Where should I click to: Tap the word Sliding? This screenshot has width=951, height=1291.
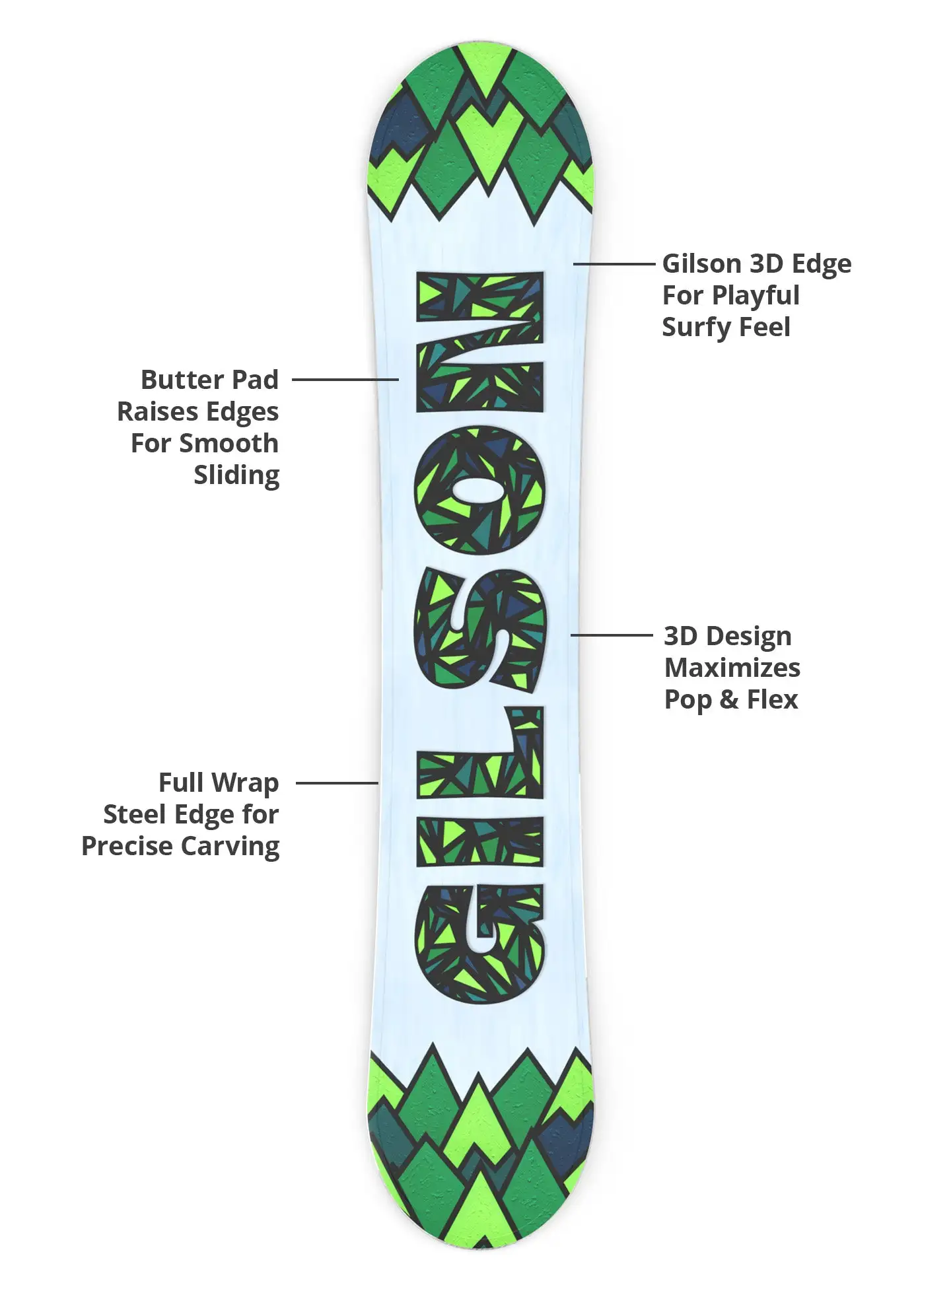coord(236,475)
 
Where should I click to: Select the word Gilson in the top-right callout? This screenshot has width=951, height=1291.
coord(701,263)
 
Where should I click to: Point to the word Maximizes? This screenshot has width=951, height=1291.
coord(732,668)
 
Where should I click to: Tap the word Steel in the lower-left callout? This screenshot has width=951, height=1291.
coord(134,814)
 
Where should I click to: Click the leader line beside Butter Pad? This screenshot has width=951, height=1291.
coord(345,380)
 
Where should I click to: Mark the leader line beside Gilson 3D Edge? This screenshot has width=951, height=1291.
coord(614,264)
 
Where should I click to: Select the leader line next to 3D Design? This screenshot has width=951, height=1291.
coord(611,635)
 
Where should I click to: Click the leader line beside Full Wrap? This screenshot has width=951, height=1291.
coord(337,783)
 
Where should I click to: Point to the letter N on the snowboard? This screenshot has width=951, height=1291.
coord(480,341)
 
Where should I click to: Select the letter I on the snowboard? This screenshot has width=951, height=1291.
coord(480,840)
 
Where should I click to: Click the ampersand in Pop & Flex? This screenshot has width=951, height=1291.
coord(728,699)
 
